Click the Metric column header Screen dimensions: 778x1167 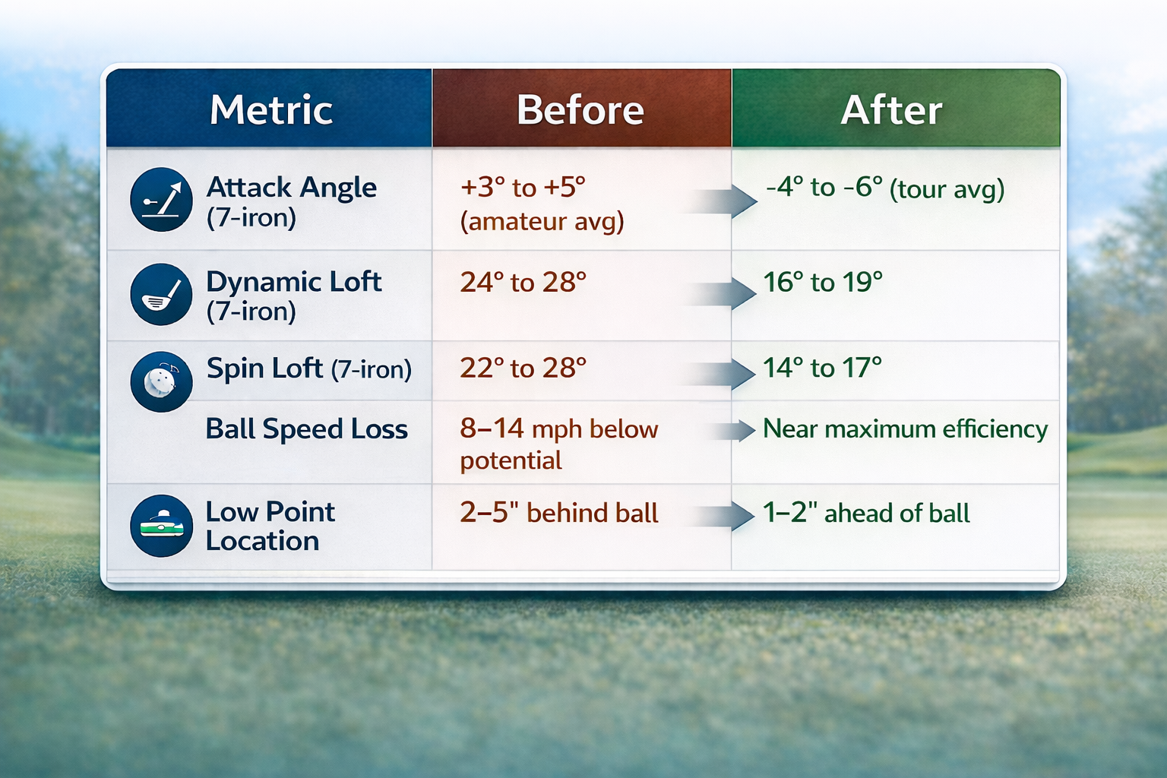click(x=270, y=110)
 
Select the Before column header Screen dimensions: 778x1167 click(x=580, y=110)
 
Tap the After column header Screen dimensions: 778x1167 click(x=891, y=110)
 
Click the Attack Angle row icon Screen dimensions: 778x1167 click(x=161, y=200)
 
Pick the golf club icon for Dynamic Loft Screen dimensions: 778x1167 click(x=161, y=295)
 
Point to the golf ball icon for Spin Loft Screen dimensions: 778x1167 click(x=161, y=381)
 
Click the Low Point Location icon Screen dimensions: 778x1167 click(x=161, y=526)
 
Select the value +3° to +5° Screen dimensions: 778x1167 click(x=523, y=188)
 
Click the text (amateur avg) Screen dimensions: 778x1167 click(x=542, y=221)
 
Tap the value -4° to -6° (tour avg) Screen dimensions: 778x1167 click(x=884, y=188)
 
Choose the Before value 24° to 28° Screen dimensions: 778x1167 click(x=523, y=283)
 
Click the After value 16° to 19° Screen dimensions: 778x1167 click(x=822, y=283)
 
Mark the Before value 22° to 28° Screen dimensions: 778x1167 click(x=523, y=368)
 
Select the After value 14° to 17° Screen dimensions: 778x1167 click(x=822, y=368)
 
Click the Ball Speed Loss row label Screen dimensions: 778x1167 click(x=306, y=429)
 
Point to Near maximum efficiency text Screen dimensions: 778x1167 click(x=904, y=429)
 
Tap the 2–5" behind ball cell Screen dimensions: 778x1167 click(x=558, y=513)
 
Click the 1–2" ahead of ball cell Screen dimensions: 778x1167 click(x=866, y=513)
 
